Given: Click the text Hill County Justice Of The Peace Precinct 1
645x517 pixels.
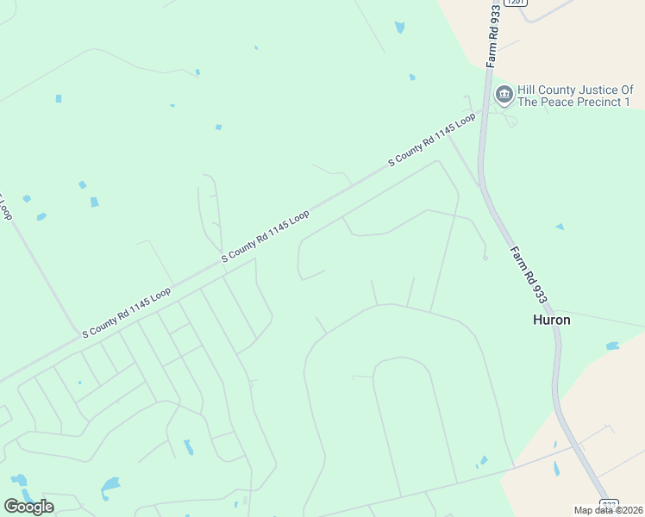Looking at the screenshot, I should coord(575,96).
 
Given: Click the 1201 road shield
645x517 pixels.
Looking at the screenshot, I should coord(514,3).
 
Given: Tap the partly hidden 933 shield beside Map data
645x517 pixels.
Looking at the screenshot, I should coord(609,504).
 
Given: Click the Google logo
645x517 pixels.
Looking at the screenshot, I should coord(28,507).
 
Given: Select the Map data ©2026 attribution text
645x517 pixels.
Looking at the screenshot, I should coord(609,510).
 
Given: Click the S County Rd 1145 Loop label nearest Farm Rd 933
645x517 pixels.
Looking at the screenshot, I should coord(432,139).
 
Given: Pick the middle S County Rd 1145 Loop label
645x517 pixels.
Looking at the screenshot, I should coord(266,236).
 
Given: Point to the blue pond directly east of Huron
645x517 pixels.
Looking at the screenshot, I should coord(612,346).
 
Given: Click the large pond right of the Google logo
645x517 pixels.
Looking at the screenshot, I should coord(110,487).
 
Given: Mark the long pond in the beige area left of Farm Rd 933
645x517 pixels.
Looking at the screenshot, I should coord(556,469).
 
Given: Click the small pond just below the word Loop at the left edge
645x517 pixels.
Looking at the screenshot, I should coord(41,216).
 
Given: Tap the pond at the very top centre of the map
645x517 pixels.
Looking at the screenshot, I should coord(399,28).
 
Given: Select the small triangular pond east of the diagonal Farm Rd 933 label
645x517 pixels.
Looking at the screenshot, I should coord(560,227).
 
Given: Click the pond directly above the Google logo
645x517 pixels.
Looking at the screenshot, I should coord(17,479).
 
